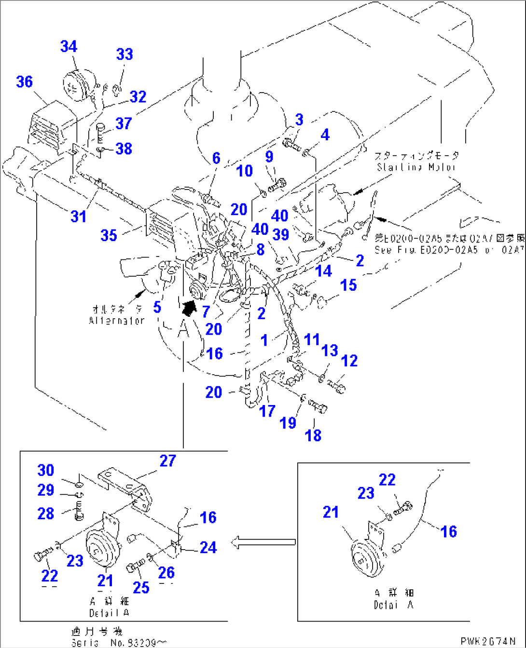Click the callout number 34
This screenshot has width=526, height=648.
69,46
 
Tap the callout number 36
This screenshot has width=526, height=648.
24,81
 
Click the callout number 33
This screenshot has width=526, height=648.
125,54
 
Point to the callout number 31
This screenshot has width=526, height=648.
79,216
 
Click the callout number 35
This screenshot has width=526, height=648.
109,235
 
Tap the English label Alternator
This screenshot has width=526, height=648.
117,320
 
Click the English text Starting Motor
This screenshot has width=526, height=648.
416,167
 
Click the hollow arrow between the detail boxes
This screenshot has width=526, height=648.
263,542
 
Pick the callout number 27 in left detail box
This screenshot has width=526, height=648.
167,461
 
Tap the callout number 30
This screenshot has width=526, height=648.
46,470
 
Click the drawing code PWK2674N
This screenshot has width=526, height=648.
488,641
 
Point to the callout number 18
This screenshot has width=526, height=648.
313,435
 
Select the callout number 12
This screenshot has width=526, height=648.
349,361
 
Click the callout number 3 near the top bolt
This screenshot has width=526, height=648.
299,120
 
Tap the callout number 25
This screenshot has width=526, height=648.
141,587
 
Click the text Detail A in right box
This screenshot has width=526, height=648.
394,605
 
